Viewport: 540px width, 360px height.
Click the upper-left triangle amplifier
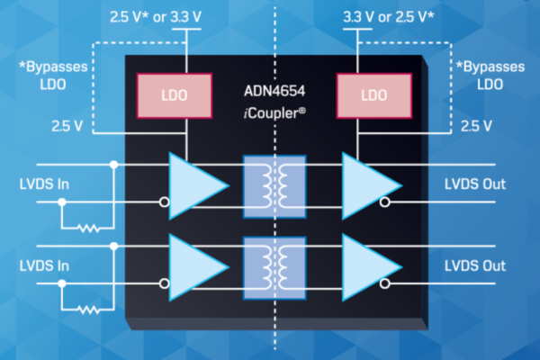point(195,184)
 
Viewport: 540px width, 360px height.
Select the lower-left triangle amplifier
point(195,266)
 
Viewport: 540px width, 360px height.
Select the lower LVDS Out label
point(475,266)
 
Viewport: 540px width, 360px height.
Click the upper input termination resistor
point(87,229)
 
